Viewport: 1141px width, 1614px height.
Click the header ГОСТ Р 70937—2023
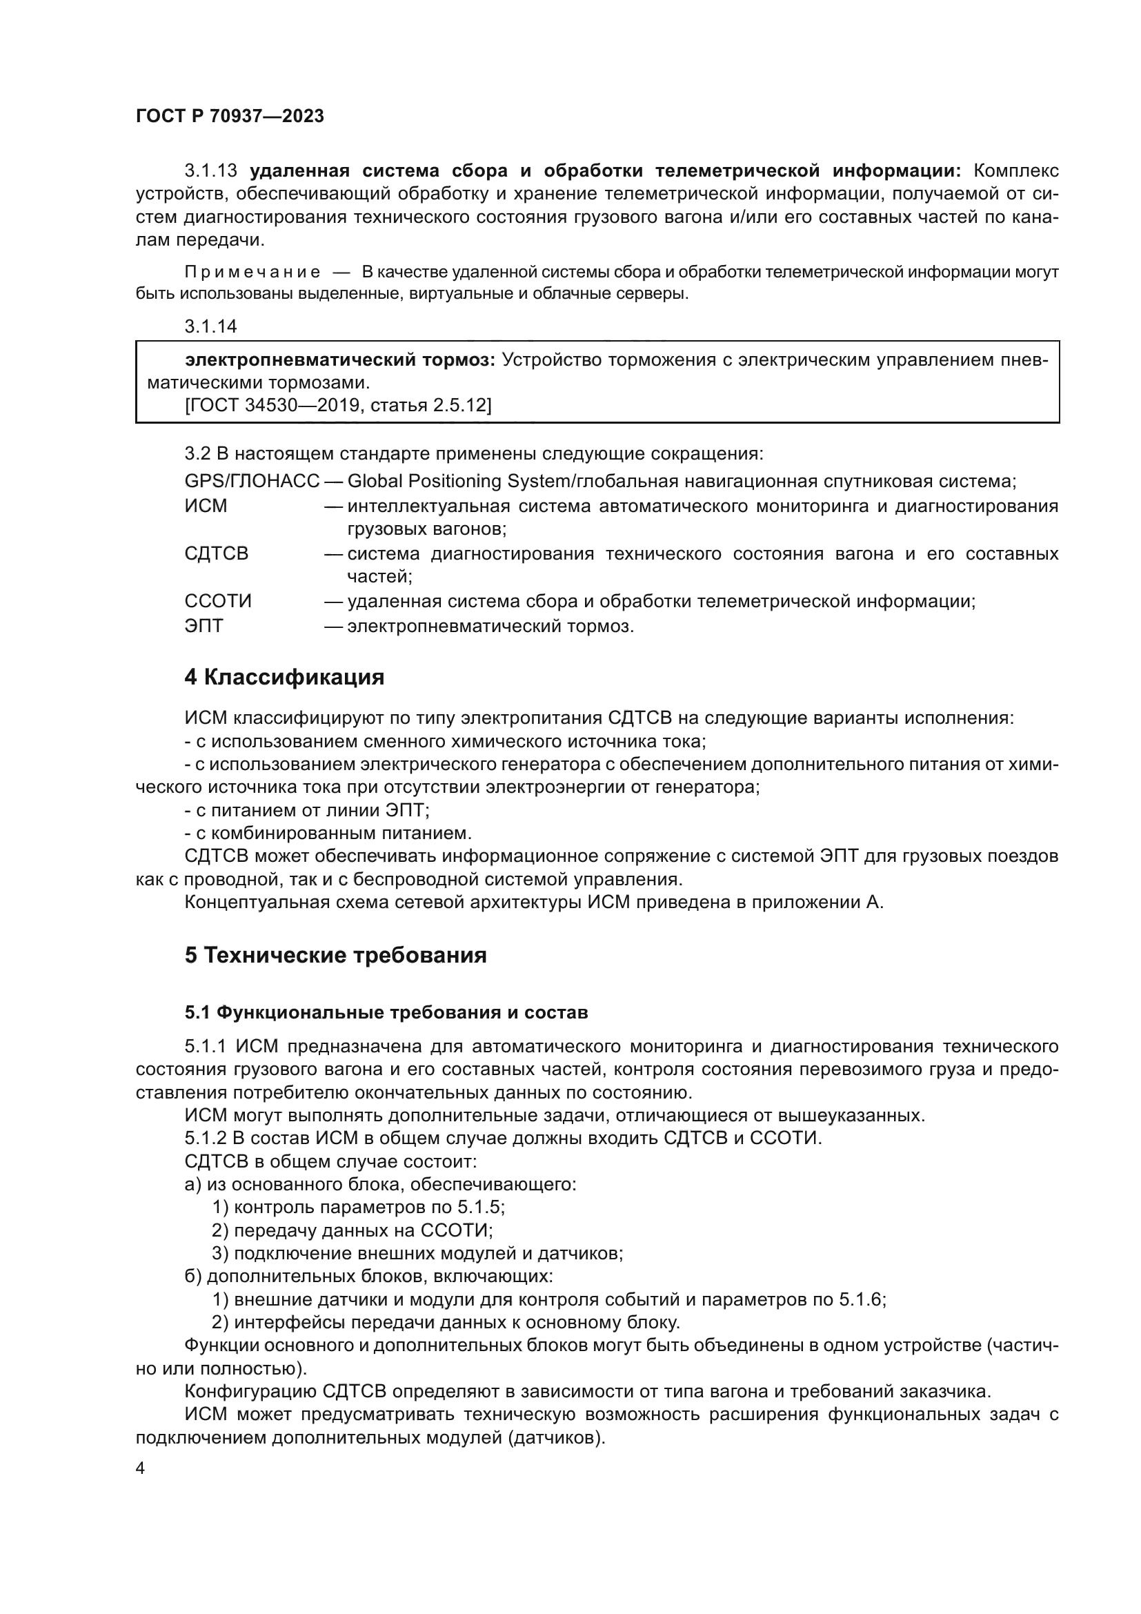(x=230, y=116)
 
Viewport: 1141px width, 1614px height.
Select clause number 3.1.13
(x=211, y=171)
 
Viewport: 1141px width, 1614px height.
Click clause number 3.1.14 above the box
(x=211, y=326)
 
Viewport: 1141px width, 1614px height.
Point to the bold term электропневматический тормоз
(x=340, y=360)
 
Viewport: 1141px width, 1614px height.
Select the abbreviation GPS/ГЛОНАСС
(x=252, y=482)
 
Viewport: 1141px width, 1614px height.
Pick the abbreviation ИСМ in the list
(x=206, y=506)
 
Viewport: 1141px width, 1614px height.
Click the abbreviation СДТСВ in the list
(x=217, y=554)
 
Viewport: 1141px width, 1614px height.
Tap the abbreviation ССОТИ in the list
(x=218, y=602)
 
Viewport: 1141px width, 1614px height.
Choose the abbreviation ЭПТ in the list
(x=204, y=626)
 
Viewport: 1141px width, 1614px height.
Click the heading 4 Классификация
(x=284, y=678)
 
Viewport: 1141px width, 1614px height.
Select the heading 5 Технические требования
(x=336, y=956)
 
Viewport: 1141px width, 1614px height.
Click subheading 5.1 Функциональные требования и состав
(x=386, y=1013)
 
